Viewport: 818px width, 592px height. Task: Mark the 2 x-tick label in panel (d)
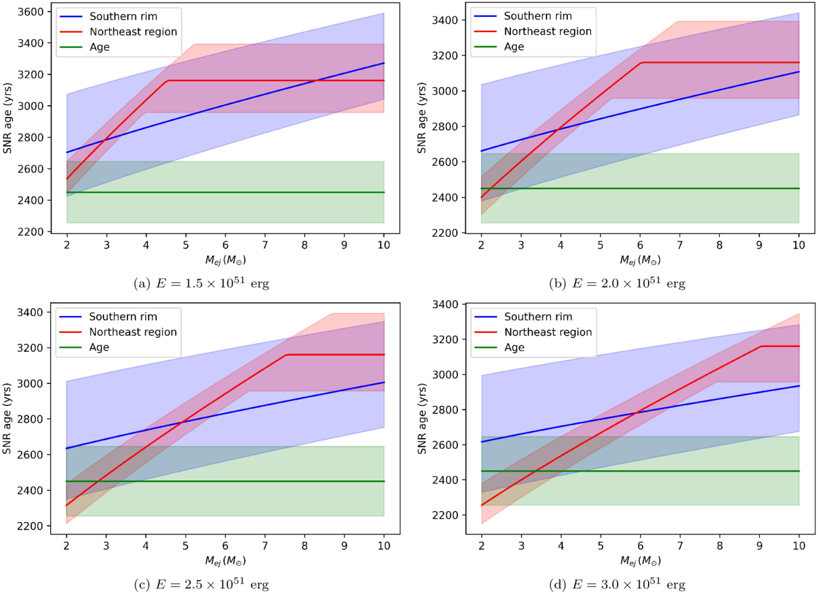pos(482,545)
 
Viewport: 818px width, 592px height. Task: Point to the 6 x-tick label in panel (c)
pos(225,545)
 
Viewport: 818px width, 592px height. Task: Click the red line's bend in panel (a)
pos(169,80)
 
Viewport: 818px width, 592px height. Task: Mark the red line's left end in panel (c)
pos(67,505)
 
